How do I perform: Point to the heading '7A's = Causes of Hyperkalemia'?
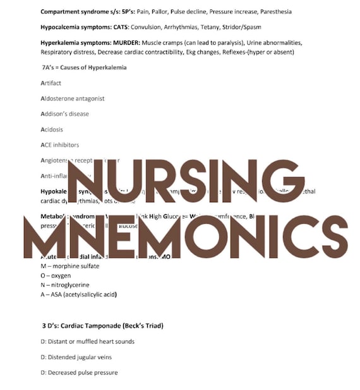(x=83, y=68)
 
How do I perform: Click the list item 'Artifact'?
(x=51, y=83)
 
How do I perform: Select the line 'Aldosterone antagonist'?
(x=72, y=99)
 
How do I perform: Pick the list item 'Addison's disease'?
(x=64, y=114)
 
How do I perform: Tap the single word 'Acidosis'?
(x=53, y=129)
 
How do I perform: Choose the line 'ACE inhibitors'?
(x=59, y=145)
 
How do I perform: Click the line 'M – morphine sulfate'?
(x=69, y=266)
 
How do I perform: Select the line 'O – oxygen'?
(x=56, y=276)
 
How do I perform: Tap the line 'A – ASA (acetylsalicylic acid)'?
(x=79, y=295)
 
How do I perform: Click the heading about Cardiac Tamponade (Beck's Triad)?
(x=102, y=326)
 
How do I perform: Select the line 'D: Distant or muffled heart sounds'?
(x=87, y=341)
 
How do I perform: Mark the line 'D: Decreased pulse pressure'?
(x=79, y=372)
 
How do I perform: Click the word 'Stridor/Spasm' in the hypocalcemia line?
(x=242, y=27)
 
